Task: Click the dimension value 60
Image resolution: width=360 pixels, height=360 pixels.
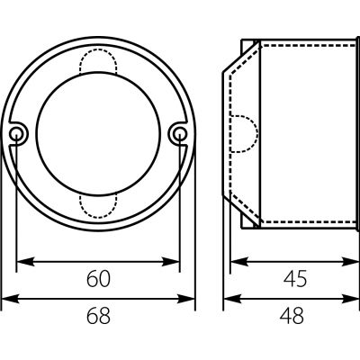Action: click(x=98, y=279)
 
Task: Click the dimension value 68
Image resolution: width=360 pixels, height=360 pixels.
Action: click(x=98, y=316)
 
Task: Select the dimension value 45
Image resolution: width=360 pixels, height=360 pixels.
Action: click(x=295, y=279)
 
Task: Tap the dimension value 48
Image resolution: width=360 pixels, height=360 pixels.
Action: click(x=292, y=316)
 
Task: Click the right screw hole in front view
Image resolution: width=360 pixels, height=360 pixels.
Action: click(x=179, y=132)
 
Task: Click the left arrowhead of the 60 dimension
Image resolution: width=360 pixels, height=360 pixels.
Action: click(x=24, y=262)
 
